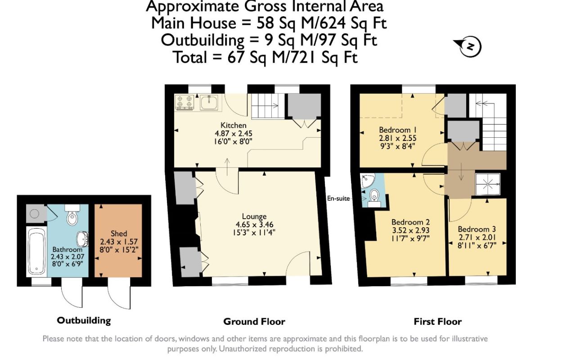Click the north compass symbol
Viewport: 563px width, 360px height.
[x=469, y=47]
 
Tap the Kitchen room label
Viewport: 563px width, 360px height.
[x=233, y=125]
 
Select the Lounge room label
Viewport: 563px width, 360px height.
[x=254, y=216]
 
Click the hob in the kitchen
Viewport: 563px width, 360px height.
[x=185, y=103]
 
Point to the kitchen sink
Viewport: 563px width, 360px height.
[x=209, y=103]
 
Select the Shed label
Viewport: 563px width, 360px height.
[x=119, y=234]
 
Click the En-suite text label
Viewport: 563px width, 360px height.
[x=338, y=198]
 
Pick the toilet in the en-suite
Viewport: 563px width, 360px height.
[x=374, y=198]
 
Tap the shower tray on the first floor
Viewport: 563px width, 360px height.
[x=488, y=184]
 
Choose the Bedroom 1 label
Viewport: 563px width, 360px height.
[x=398, y=130]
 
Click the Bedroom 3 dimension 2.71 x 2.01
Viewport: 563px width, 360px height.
[x=477, y=237]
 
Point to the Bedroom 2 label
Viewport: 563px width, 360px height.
[x=410, y=222]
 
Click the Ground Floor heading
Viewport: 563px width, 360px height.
[x=254, y=322]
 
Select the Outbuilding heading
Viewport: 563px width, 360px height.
[x=84, y=320]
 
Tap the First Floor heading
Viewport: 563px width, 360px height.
[x=437, y=322]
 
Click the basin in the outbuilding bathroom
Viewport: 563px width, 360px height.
[x=82, y=238]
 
